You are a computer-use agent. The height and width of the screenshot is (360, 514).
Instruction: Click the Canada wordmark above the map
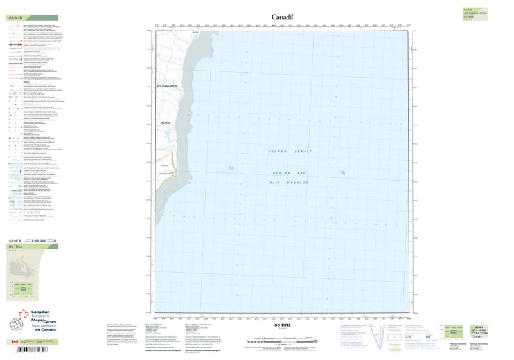pos(281,17)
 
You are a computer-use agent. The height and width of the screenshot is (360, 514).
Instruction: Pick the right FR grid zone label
pos(342,173)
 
